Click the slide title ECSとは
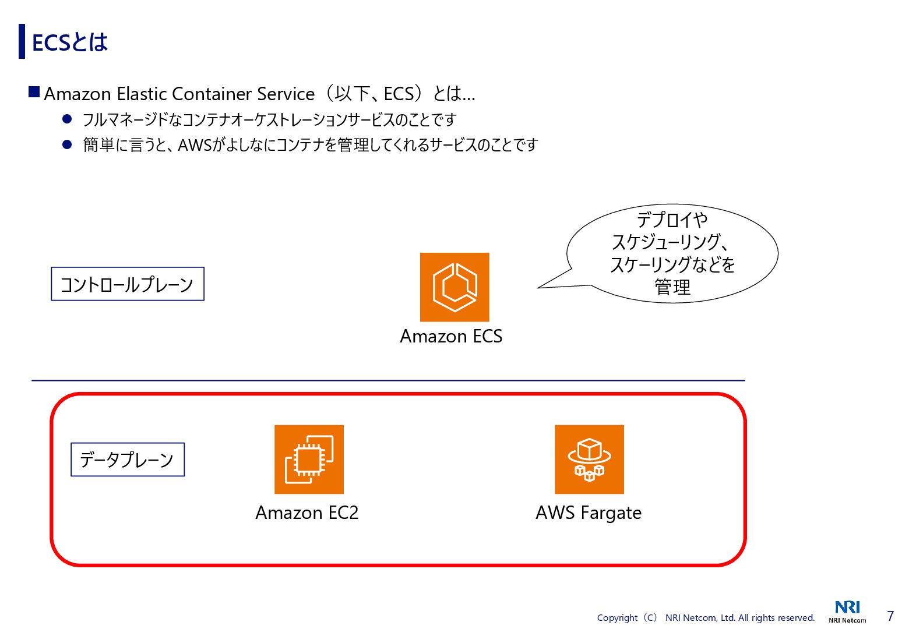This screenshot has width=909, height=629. pyautogui.click(x=70, y=42)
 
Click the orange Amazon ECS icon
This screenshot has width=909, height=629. pyautogui.click(x=455, y=287)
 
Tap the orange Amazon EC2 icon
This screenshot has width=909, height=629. pyautogui.click(x=309, y=459)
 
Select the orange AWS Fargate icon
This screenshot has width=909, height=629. pyautogui.click(x=589, y=459)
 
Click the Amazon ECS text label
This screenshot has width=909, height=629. pyautogui.click(x=451, y=336)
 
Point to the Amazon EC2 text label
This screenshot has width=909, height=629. pyautogui.click(x=307, y=513)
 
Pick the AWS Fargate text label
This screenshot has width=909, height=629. pyautogui.click(x=589, y=513)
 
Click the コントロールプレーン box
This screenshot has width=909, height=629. pyautogui.click(x=128, y=284)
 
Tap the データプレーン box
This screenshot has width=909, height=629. pyautogui.click(x=128, y=460)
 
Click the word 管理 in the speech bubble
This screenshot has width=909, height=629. pyautogui.click(x=672, y=287)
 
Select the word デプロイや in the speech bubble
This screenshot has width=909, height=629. pyautogui.click(x=672, y=220)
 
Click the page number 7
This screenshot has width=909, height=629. pyautogui.click(x=890, y=616)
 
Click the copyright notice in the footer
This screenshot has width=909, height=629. pyautogui.click(x=706, y=618)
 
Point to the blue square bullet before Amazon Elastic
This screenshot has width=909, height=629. pyautogui.click(x=34, y=92)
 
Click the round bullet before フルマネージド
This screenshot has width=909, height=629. pyautogui.click(x=67, y=119)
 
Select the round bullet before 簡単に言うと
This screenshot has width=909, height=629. pyautogui.click(x=67, y=144)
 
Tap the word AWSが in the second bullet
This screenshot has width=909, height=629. pyautogui.click(x=202, y=144)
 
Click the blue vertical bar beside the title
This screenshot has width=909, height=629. pyautogui.click(x=22, y=41)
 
